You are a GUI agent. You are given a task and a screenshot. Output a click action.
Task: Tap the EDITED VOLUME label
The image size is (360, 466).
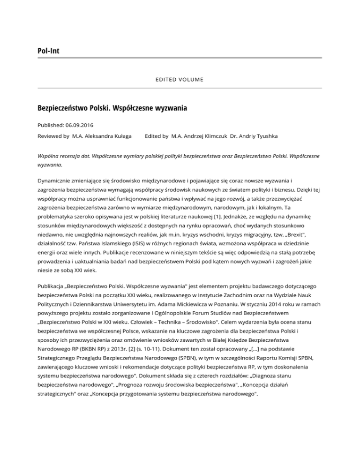(x=180, y=79)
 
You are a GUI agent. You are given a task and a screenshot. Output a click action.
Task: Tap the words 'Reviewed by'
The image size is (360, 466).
(x=53, y=136)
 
